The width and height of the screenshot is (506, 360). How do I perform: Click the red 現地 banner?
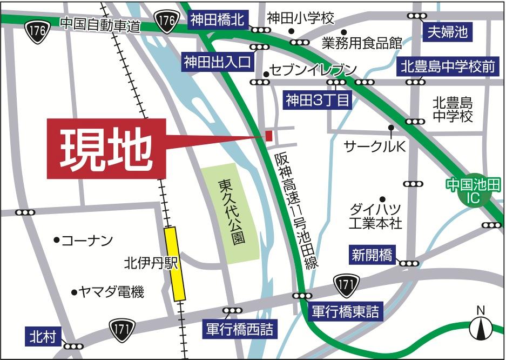pos(106,148)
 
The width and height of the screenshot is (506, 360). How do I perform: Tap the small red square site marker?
pos(268,135)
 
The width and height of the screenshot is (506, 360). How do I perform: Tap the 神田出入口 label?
pos(217,62)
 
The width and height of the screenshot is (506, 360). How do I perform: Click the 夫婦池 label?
pos(447,32)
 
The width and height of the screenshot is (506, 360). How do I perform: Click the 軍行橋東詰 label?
pos(346,311)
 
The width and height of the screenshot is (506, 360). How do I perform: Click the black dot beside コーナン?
pos(56,239)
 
